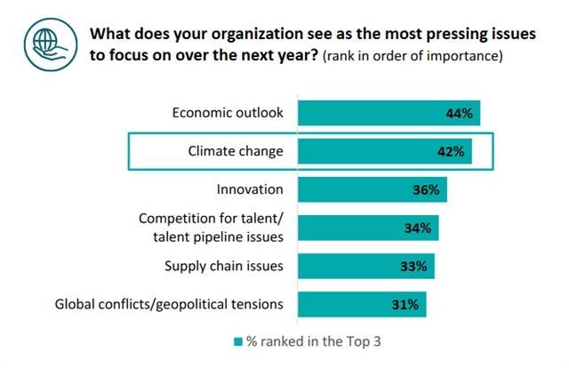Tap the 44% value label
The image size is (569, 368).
(x=458, y=113)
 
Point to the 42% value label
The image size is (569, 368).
(x=450, y=151)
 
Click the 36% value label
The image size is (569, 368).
(x=425, y=189)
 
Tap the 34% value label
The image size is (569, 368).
(x=417, y=228)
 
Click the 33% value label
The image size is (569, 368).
(x=413, y=266)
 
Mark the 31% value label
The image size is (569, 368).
(x=405, y=304)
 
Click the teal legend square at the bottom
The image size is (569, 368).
(x=236, y=341)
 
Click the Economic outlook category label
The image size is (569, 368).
(x=227, y=113)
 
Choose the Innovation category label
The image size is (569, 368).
(x=250, y=189)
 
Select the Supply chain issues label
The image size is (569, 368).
(x=224, y=266)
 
